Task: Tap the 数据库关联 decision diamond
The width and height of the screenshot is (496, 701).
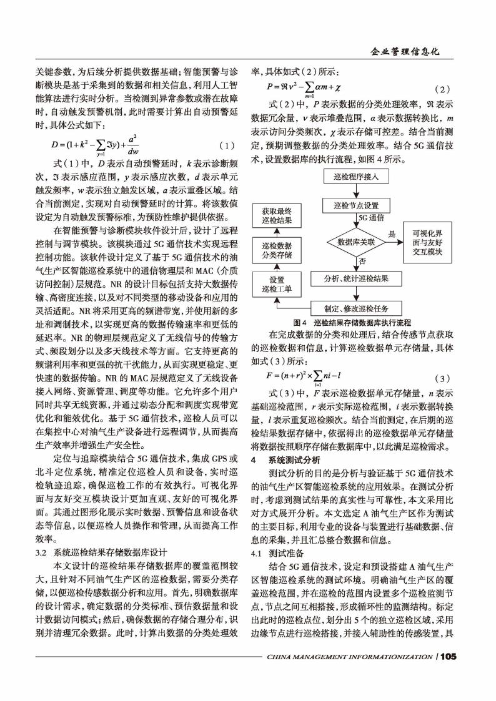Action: (x=355, y=241)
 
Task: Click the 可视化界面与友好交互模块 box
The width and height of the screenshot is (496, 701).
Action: (x=427, y=242)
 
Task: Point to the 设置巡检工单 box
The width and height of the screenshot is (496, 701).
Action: (x=275, y=285)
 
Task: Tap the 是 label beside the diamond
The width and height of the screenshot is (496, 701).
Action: (x=392, y=233)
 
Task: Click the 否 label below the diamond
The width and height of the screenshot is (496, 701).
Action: (x=362, y=260)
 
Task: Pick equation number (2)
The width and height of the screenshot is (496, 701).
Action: (x=441, y=89)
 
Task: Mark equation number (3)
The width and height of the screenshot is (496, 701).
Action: (x=441, y=379)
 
